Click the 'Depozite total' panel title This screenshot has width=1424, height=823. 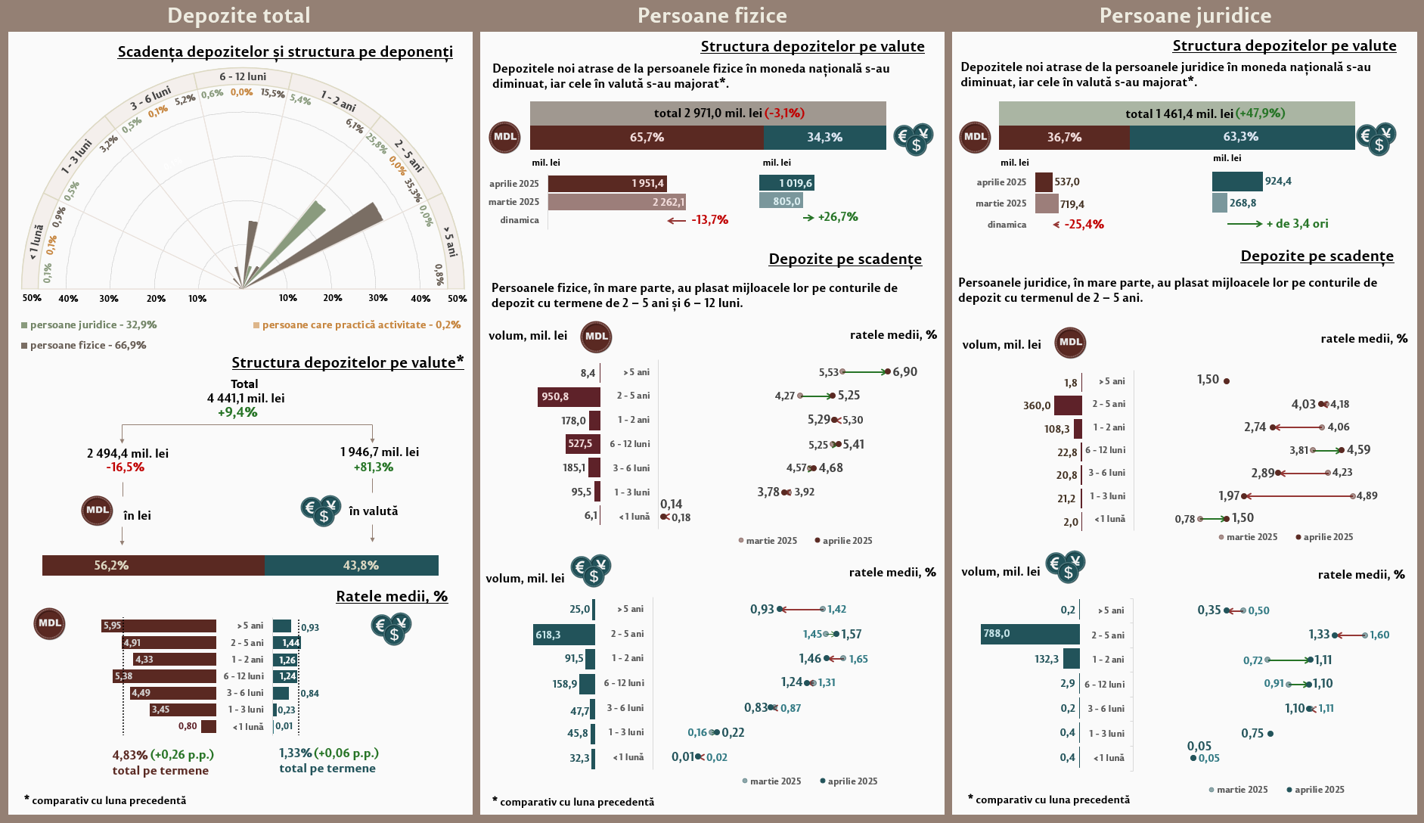239,16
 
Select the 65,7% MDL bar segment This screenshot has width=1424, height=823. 647,138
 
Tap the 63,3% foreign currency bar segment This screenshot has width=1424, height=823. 1242,137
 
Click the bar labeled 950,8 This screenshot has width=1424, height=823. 569,397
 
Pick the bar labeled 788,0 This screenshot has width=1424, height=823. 1030,634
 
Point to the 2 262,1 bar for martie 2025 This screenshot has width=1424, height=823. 616,202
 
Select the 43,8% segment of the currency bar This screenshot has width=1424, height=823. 352,565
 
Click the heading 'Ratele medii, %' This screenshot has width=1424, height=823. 392,596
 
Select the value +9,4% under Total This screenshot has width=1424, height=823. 237,412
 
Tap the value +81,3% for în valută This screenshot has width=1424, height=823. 374,467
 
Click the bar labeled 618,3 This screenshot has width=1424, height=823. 564,635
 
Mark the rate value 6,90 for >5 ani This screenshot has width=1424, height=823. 904,372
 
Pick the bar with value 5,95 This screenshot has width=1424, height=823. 160,626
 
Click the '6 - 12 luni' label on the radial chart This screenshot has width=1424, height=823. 243,76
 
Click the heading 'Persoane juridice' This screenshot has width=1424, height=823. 1185,16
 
